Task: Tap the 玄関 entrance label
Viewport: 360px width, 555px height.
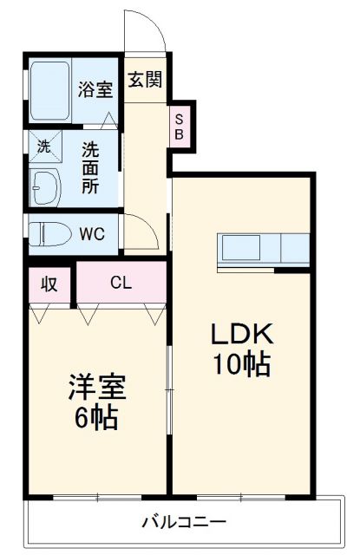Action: tap(144, 81)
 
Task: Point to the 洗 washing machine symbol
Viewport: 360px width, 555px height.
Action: tap(43, 146)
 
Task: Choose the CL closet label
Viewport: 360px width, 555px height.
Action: tap(121, 282)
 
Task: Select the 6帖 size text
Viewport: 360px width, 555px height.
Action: tap(97, 421)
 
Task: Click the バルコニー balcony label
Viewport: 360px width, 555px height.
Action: tap(184, 524)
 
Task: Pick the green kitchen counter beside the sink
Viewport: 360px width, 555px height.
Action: tap(295, 250)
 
